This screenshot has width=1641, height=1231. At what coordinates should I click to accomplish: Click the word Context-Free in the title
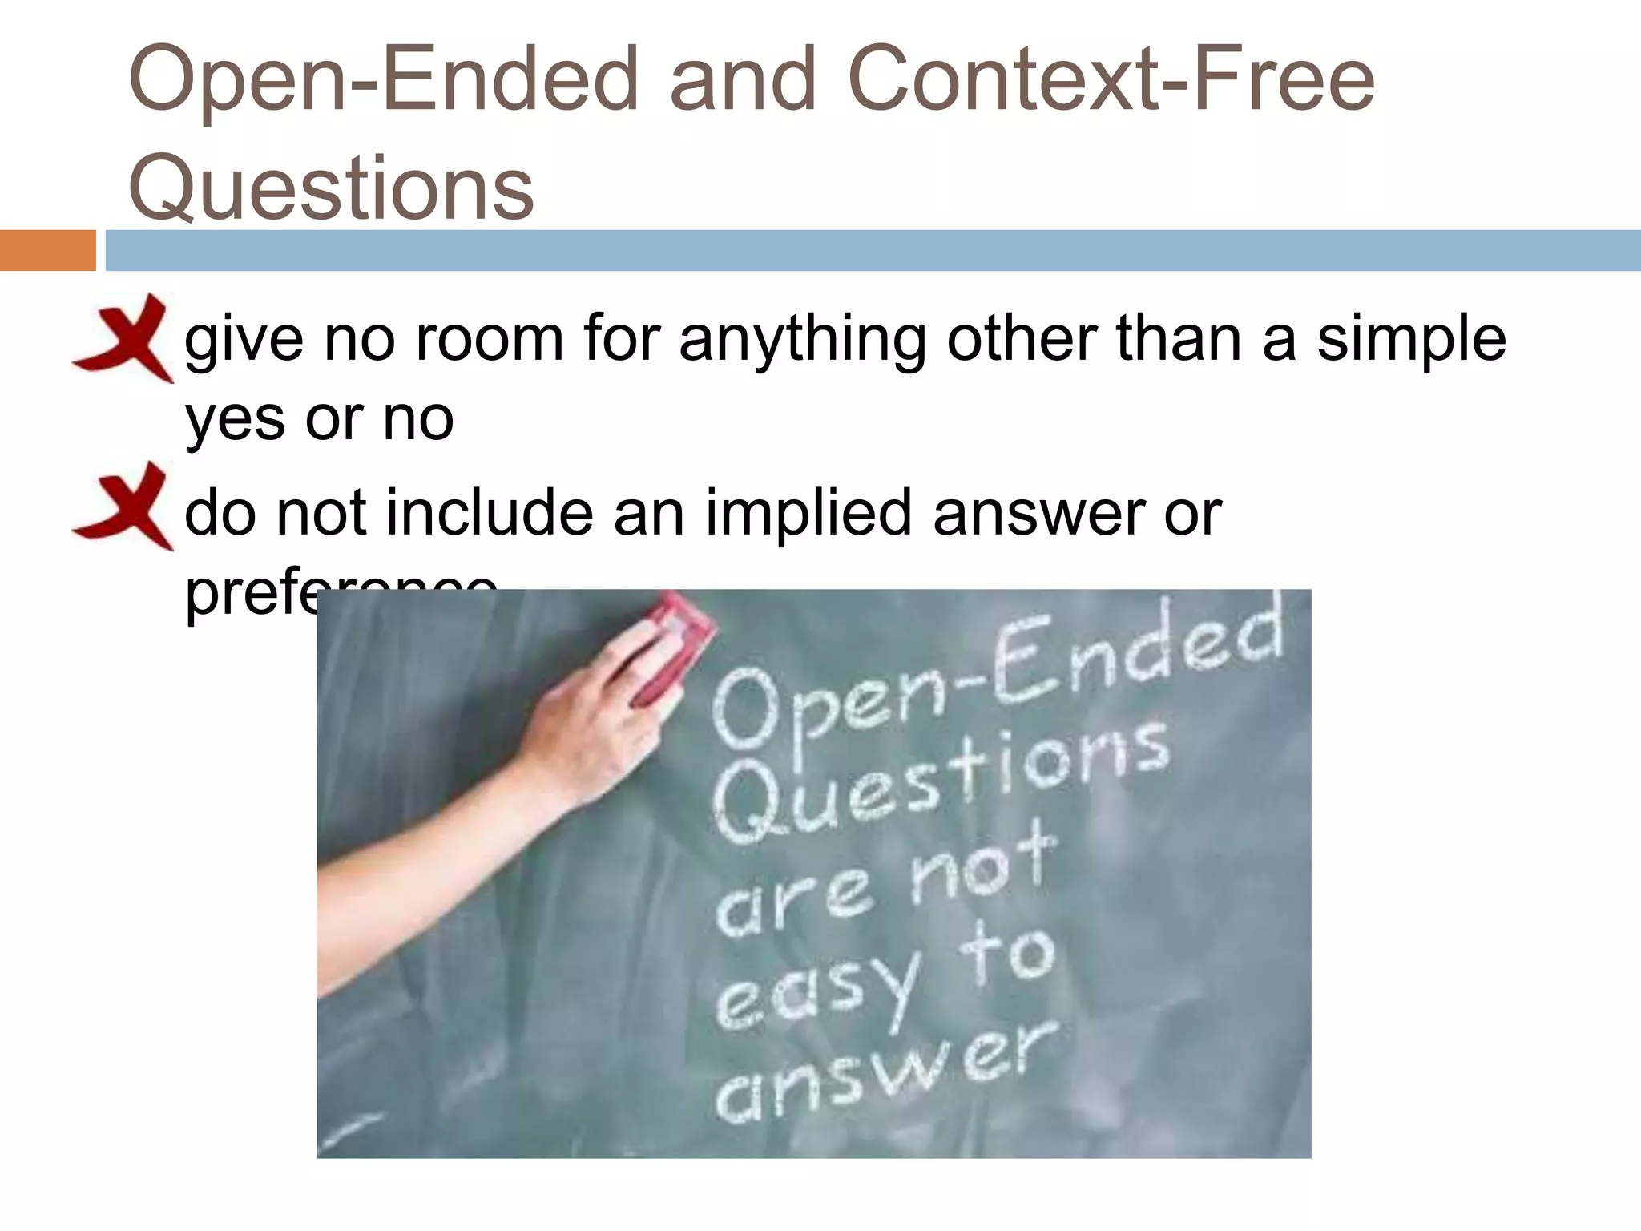click(1111, 79)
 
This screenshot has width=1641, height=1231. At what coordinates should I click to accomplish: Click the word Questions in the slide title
click(331, 188)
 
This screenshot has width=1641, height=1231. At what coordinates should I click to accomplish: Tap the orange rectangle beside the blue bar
click(47, 250)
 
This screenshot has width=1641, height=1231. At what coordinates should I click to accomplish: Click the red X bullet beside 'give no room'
click(125, 337)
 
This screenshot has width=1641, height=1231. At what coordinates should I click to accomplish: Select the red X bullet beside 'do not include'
click(125, 507)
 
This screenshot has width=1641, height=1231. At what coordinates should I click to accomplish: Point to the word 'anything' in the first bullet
click(802, 341)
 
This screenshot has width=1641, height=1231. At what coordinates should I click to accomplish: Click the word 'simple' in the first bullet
click(1411, 341)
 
